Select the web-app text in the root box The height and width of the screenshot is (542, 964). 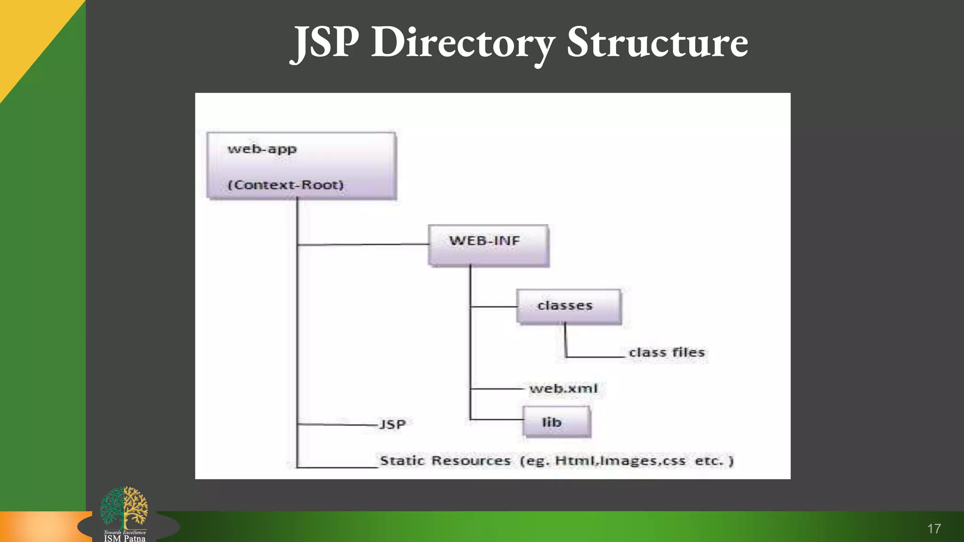pyautogui.click(x=262, y=149)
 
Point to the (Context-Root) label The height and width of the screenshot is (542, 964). pyautogui.click(x=286, y=185)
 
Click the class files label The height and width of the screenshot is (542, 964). pyautogui.click(x=667, y=352)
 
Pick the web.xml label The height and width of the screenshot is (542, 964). pyautogui.click(x=563, y=389)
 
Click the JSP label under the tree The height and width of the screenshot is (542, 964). pyautogui.click(x=393, y=424)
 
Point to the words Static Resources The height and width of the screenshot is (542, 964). pyautogui.click(x=445, y=461)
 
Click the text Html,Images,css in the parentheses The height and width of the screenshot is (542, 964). pyautogui.click(x=620, y=461)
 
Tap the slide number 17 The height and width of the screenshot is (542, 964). pyautogui.click(x=934, y=529)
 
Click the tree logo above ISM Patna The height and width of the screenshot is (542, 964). pyautogui.click(x=124, y=507)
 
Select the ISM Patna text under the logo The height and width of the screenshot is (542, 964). pyautogui.click(x=125, y=538)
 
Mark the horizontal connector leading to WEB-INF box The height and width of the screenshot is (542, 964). pyautogui.click(x=362, y=245)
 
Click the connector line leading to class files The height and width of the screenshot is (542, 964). pyautogui.click(x=595, y=357)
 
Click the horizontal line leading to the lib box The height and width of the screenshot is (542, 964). pyautogui.click(x=497, y=419)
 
